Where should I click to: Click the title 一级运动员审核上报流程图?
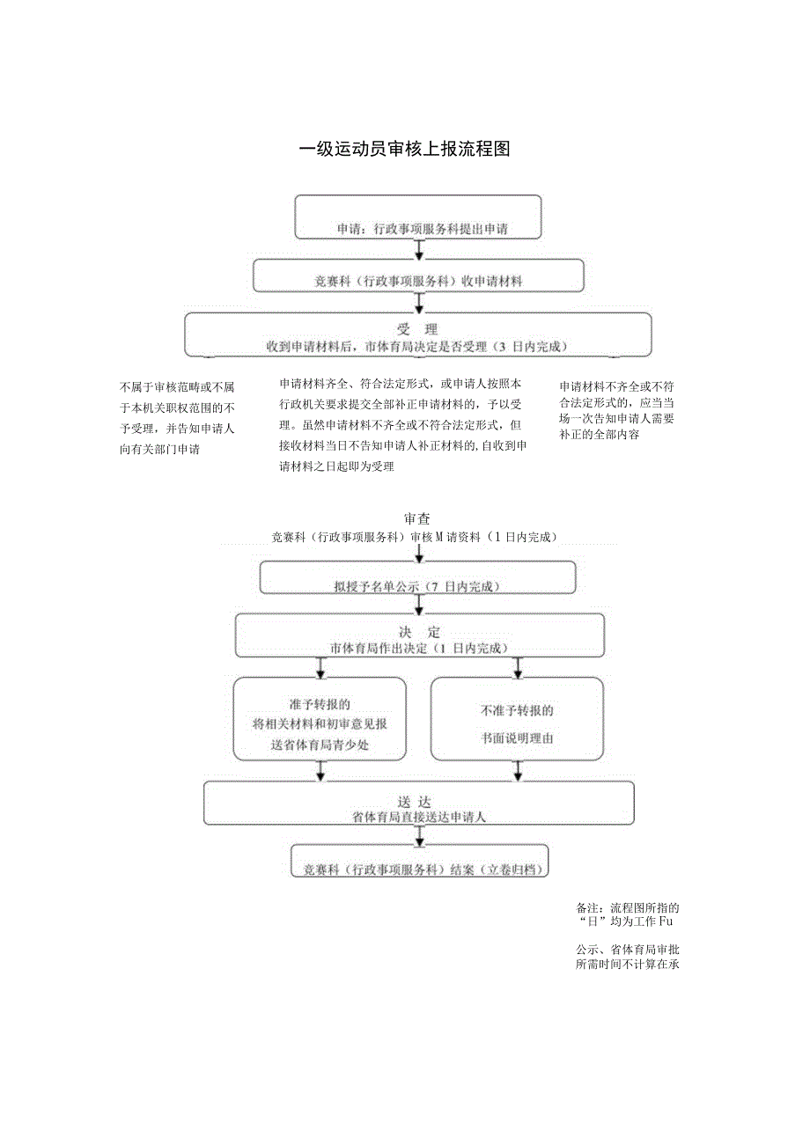coord(404,149)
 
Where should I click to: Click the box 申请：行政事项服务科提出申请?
coord(417,217)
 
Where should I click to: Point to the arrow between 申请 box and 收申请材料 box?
coord(419,248)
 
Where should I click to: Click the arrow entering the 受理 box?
coord(419,302)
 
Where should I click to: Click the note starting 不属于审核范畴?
coord(177,417)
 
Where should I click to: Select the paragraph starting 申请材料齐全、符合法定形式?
coord(402,425)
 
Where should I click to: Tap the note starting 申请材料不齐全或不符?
coord(617,410)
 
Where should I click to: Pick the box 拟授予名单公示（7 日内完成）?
coord(417,578)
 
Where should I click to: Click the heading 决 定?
coord(419,632)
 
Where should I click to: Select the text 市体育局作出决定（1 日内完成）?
coord(419,648)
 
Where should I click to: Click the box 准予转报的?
coord(320,719)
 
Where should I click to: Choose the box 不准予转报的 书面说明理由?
coord(517,719)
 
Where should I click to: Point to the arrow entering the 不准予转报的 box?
coord(518,667)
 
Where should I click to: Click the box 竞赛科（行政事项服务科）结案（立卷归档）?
coord(419,861)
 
